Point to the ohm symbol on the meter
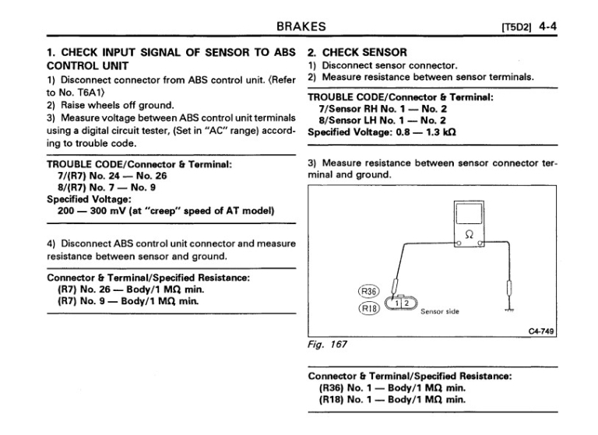tap(469, 233)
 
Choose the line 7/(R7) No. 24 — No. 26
tap(114, 176)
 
